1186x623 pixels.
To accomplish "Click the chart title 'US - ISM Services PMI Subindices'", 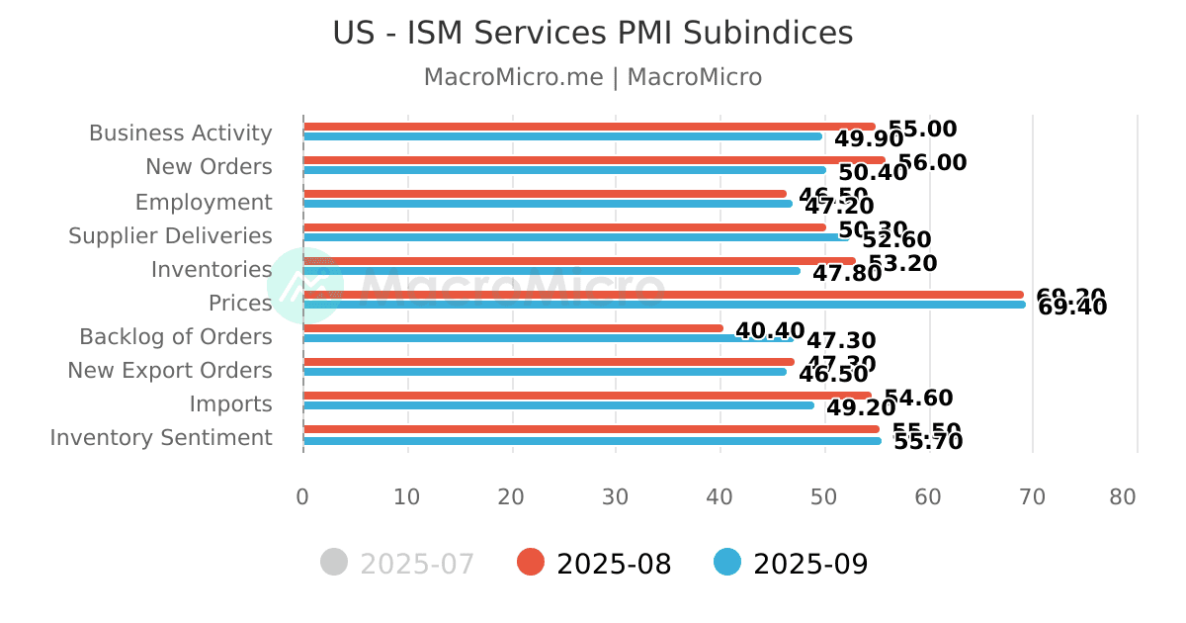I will (592, 34).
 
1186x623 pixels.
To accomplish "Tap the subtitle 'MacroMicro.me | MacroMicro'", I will (592, 77).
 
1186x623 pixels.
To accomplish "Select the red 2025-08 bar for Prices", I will (662, 295).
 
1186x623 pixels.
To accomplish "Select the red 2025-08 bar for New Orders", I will (593, 160).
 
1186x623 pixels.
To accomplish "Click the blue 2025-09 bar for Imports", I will (557, 405).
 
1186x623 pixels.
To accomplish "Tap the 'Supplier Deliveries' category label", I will (170, 236).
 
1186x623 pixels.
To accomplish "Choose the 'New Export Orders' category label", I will (170, 371).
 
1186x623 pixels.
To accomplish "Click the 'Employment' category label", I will (204, 203).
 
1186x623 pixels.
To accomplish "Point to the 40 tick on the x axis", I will (720, 497).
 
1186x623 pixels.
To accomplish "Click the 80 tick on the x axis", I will (1123, 497).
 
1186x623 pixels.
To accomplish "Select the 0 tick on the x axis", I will (302, 497).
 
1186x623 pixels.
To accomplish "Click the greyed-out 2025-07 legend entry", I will (397, 564).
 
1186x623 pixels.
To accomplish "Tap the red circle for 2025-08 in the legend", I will (531, 563).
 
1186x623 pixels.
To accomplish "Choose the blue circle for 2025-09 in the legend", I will (726, 563).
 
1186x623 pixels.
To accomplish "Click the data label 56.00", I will (932, 163).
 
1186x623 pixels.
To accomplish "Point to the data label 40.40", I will (770, 331).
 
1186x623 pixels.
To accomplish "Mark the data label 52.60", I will (896, 240).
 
